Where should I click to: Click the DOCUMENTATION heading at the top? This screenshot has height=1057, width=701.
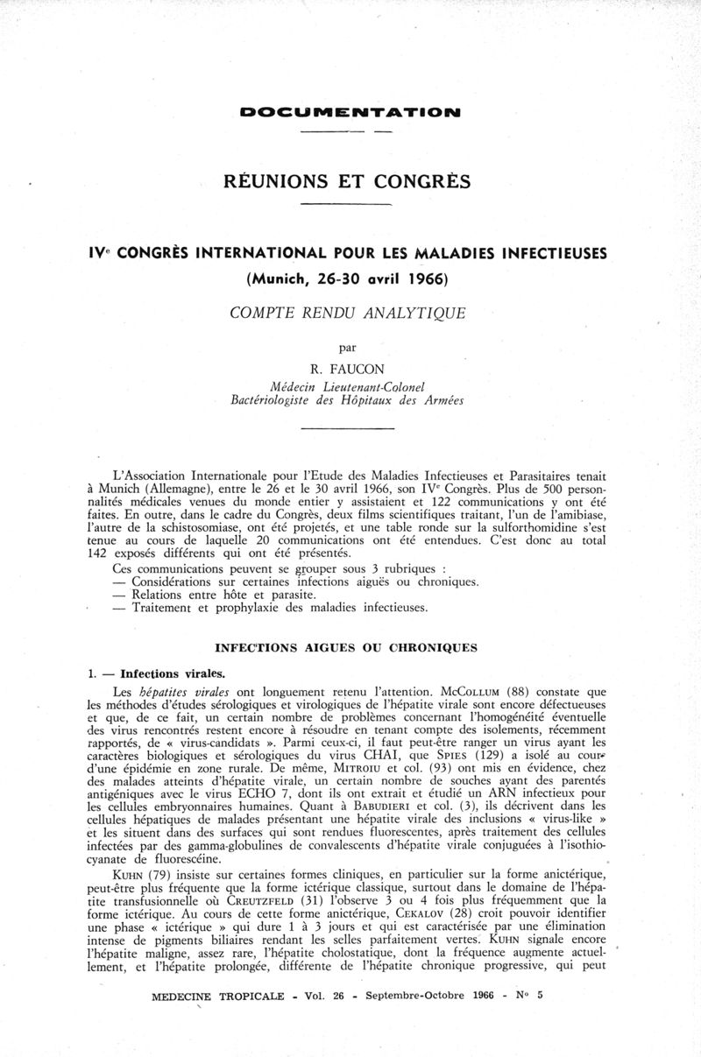(350, 113)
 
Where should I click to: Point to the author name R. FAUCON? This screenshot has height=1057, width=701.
(347, 368)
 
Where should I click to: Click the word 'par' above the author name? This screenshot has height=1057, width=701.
(347, 346)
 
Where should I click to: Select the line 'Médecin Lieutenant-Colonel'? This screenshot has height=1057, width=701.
(348, 385)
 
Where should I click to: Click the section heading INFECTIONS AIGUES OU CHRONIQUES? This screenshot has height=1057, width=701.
(346, 648)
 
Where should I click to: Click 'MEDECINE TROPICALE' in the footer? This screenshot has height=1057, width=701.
(217, 1021)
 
